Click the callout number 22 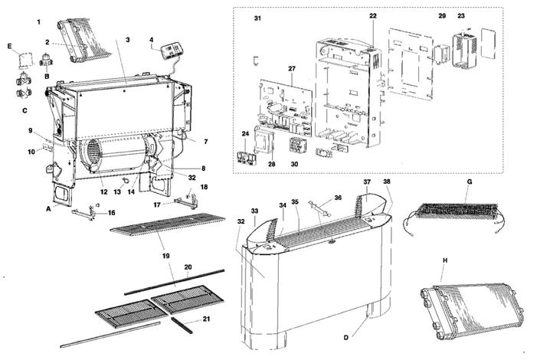click(x=373, y=16)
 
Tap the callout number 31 click(x=257, y=18)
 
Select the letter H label click(x=444, y=260)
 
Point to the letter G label click(x=470, y=182)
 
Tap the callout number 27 click(x=292, y=69)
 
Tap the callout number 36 click(x=338, y=198)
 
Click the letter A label click(x=49, y=208)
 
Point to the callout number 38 click(x=386, y=182)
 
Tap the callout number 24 click(x=245, y=134)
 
